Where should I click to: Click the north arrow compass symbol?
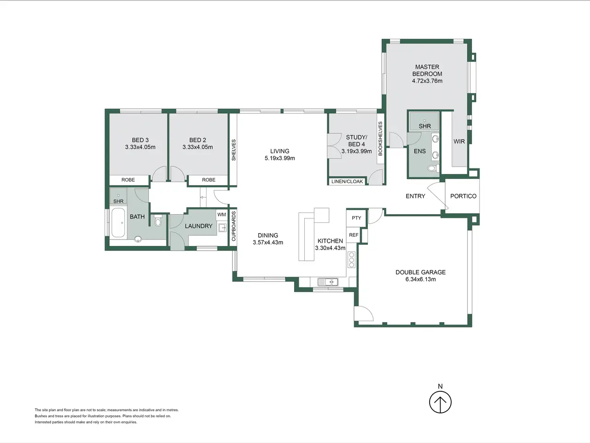coord(440,402)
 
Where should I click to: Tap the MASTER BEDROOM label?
coord(427,70)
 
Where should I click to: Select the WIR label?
coord(459,141)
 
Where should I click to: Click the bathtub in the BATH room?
coord(118,222)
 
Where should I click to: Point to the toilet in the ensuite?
coord(432,168)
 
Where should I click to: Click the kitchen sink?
coord(328,282)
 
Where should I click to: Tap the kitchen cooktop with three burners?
coord(352,259)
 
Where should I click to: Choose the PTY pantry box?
coord(356,218)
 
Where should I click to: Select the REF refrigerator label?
coord(354,235)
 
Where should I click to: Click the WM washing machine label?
coord(222,215)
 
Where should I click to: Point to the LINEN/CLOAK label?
coord(347,181)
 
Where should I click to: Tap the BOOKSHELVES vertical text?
coord(380,139)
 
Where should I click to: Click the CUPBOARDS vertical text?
coord(234,226)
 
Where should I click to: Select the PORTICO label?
coord(463,196)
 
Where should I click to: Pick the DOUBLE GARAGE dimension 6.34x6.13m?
coord(421,279)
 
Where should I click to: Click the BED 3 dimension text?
coord(140,147)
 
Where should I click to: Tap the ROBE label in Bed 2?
coord(209,180)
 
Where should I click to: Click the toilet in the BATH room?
coord(158,221)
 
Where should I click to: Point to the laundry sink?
coord(223,228)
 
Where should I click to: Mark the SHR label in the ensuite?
coord(425,126)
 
